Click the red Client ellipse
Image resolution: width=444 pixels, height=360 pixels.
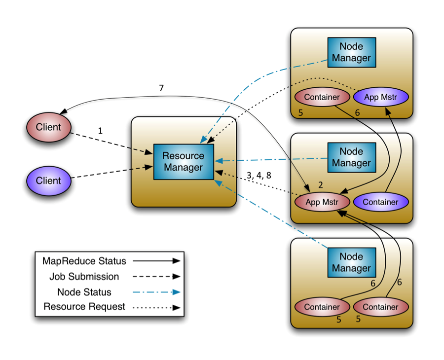pos(48,127)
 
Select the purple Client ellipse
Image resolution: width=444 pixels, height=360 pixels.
pos(48,181)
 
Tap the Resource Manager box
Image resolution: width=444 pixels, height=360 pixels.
pos(184,162)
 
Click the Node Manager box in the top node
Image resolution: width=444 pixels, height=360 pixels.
pos(351,52)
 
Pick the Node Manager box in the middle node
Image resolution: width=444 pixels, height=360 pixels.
pos(351,157)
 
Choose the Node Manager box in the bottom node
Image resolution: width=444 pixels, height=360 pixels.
pos(351,262)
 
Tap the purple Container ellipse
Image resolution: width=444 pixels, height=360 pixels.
pos(380,202)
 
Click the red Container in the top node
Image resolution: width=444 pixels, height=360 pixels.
pos(322,97)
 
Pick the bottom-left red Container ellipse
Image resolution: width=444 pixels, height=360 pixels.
pos(322,307)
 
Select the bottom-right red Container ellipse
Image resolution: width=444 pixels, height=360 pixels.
pos(380,307)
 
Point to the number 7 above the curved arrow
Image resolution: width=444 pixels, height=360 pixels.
pos(161,88)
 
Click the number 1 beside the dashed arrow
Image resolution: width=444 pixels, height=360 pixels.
pos(101,131)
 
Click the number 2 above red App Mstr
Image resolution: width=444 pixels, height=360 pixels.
pos(320,185)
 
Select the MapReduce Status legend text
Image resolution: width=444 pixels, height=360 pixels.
pos(84,261)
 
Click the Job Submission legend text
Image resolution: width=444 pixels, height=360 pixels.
pos(84,276)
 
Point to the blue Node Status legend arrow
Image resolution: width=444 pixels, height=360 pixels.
pos(156,292)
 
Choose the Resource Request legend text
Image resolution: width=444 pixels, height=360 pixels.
pos(84,306)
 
